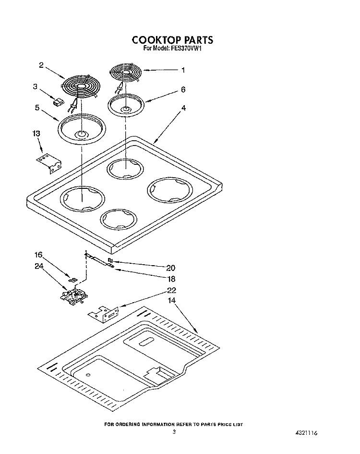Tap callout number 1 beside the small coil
183,70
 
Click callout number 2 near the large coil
42,65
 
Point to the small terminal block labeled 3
58,102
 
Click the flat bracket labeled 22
104,315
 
